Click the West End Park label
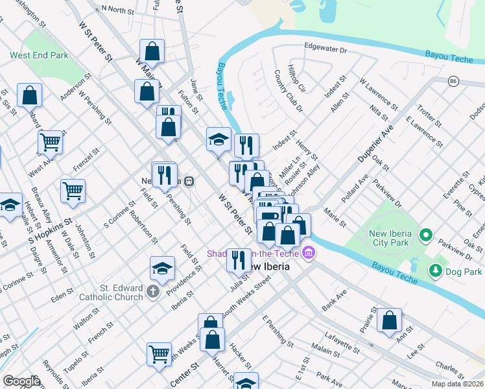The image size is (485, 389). coord(39,56)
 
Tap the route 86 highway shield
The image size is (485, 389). coord(453,81)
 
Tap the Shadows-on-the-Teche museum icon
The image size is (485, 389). coord(309,252)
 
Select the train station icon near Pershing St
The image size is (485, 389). coord(189,181)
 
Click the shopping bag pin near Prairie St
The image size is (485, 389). coord(389,320)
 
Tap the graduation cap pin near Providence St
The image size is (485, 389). coord(162,268)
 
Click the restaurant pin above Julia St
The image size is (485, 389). coord(239,259)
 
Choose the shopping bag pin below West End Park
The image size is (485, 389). coord(30,95)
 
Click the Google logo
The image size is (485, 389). coord(21,381)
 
